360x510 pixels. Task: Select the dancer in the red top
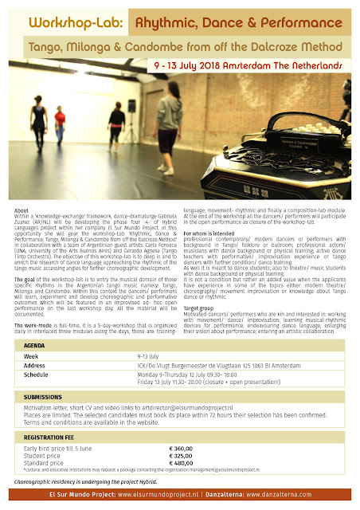pos(61,124)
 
